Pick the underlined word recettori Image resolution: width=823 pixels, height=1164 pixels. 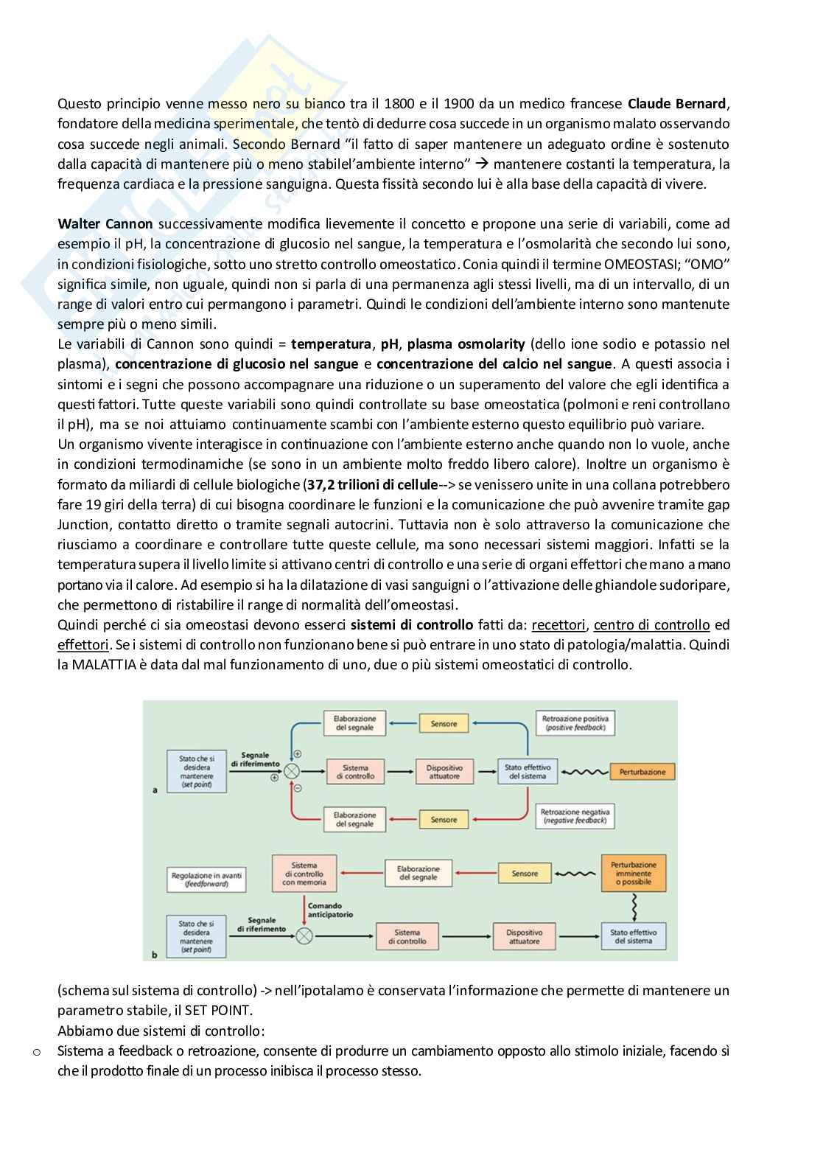tap(558, 625)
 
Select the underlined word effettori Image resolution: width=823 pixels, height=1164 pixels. tap(83, 645)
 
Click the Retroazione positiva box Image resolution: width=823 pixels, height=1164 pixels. tap(574, 722)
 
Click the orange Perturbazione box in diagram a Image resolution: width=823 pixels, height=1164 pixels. tap(642, 772)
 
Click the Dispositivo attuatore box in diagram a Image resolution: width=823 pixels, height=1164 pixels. tap(444, 772)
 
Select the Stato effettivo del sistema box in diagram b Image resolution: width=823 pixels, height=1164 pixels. tap(631, 936)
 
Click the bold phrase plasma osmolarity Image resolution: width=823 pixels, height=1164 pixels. tap(466, 344)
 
